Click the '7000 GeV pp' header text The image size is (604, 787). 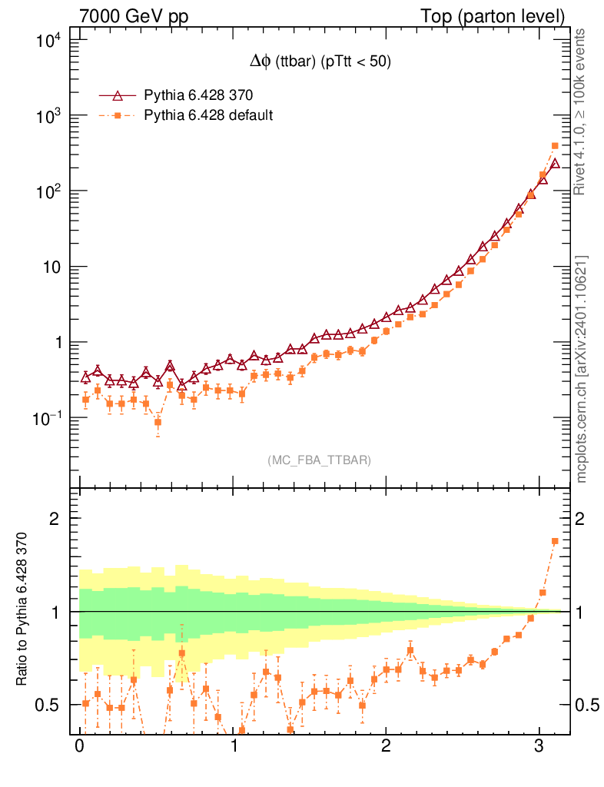tap(139, 16)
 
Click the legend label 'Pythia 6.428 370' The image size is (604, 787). tap(199, 95)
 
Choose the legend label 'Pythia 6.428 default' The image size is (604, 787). tap(209, 115)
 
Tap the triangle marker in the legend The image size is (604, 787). tap(118, 95)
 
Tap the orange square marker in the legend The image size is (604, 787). tap(118, 115)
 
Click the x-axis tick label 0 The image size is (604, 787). tap(79, 747)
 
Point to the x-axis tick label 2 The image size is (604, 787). tap(386, 747)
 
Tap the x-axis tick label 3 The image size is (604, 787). tap(539, 747)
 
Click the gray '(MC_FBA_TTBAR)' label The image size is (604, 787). tap(319, 460)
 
